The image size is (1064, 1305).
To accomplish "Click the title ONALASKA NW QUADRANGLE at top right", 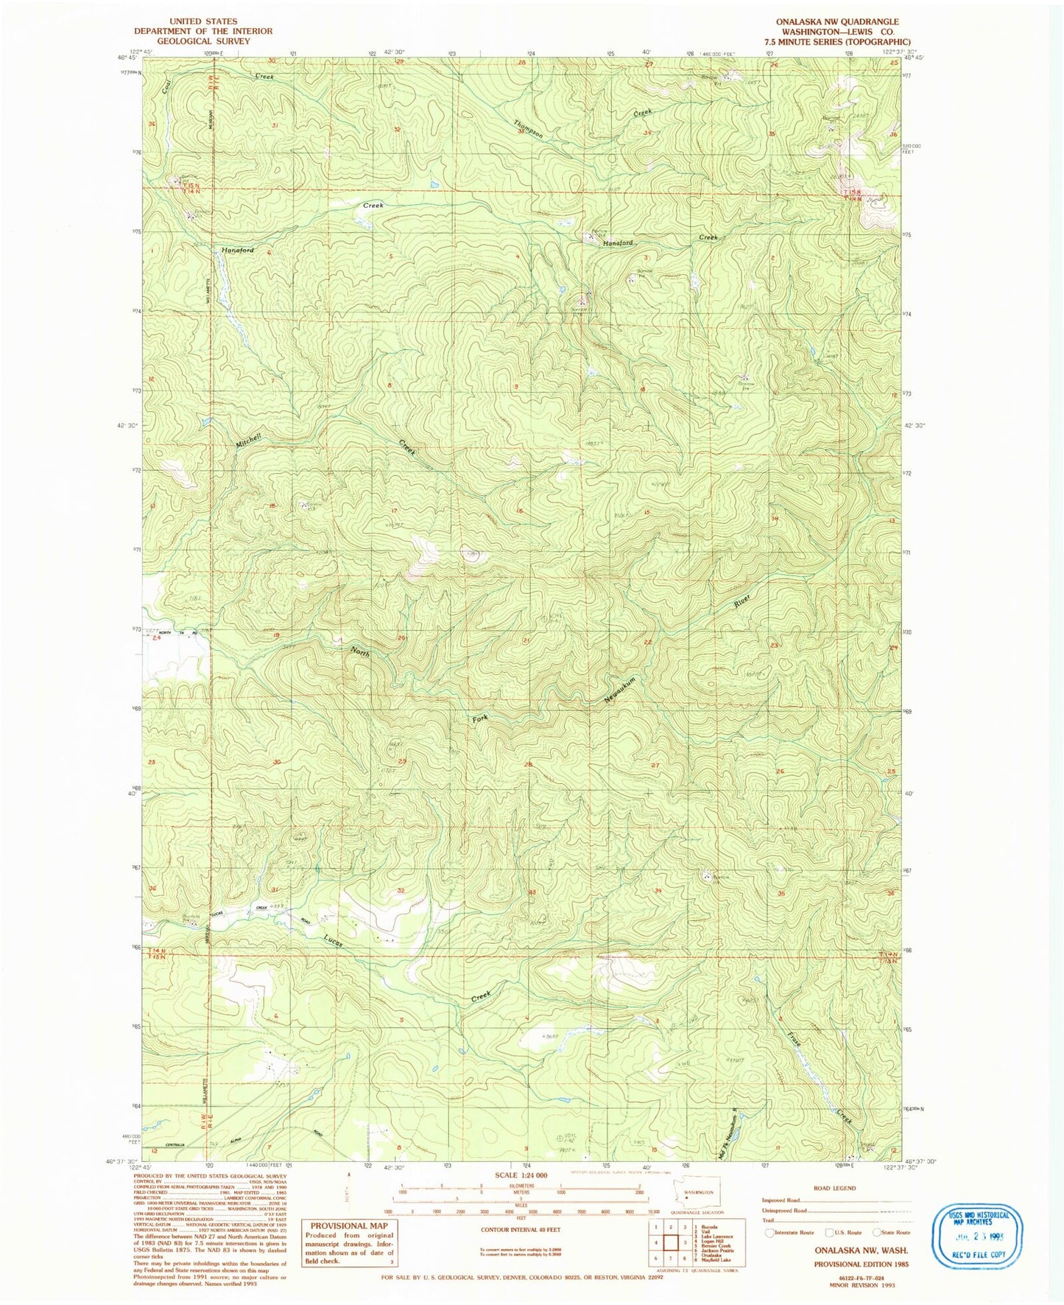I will [836, 22].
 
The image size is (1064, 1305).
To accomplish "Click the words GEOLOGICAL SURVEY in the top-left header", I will [202, 41].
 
